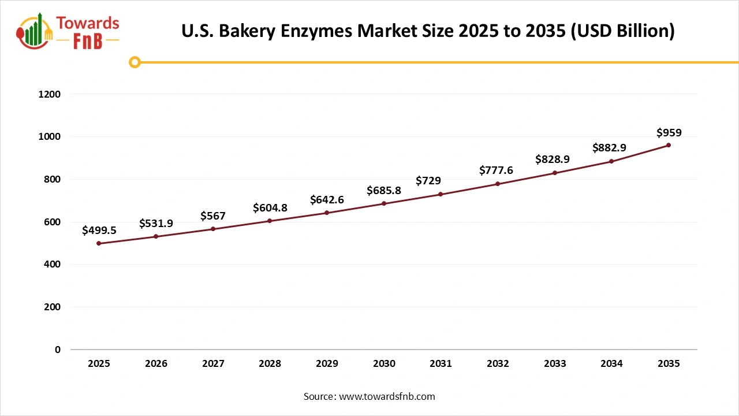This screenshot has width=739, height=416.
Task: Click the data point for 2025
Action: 99,243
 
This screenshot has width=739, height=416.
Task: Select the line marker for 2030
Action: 384,203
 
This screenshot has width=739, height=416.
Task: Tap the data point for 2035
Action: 669,145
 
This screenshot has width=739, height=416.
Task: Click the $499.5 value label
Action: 99,231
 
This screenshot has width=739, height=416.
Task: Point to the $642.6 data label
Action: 327,199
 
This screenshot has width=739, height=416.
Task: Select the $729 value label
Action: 428,181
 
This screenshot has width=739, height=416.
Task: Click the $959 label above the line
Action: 669,132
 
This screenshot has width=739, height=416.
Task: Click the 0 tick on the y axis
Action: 58,350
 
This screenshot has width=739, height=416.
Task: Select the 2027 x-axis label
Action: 213,364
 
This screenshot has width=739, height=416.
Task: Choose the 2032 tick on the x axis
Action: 498,364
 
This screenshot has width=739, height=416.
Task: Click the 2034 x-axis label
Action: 611,364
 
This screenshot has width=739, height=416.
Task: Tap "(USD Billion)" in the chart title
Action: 623,31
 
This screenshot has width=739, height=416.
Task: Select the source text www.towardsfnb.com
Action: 387,396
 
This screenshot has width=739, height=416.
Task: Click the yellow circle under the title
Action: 135,62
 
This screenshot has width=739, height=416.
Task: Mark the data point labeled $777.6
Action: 498,184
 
